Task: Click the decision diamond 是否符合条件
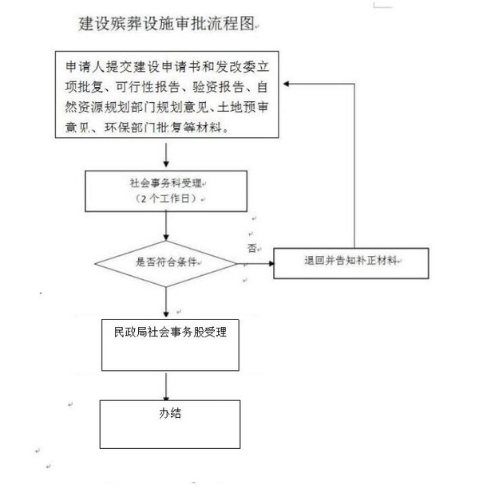(x=166, y=262)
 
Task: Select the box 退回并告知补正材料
(x=351, y=262)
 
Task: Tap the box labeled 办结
(x=170, y=423)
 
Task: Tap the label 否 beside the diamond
(x=252, y=248)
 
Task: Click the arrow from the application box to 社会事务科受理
(x=165, y=155)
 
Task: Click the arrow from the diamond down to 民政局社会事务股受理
(x=165, y=299)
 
